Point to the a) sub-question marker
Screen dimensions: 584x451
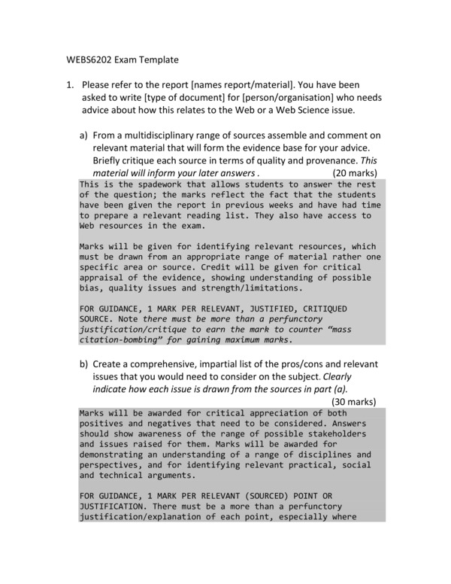pyautogui.click(x=84, y=135)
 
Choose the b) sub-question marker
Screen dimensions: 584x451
pyautogui.click(x=84, y=365)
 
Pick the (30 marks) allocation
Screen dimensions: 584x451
pyautogui.click(x=353, y=401)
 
